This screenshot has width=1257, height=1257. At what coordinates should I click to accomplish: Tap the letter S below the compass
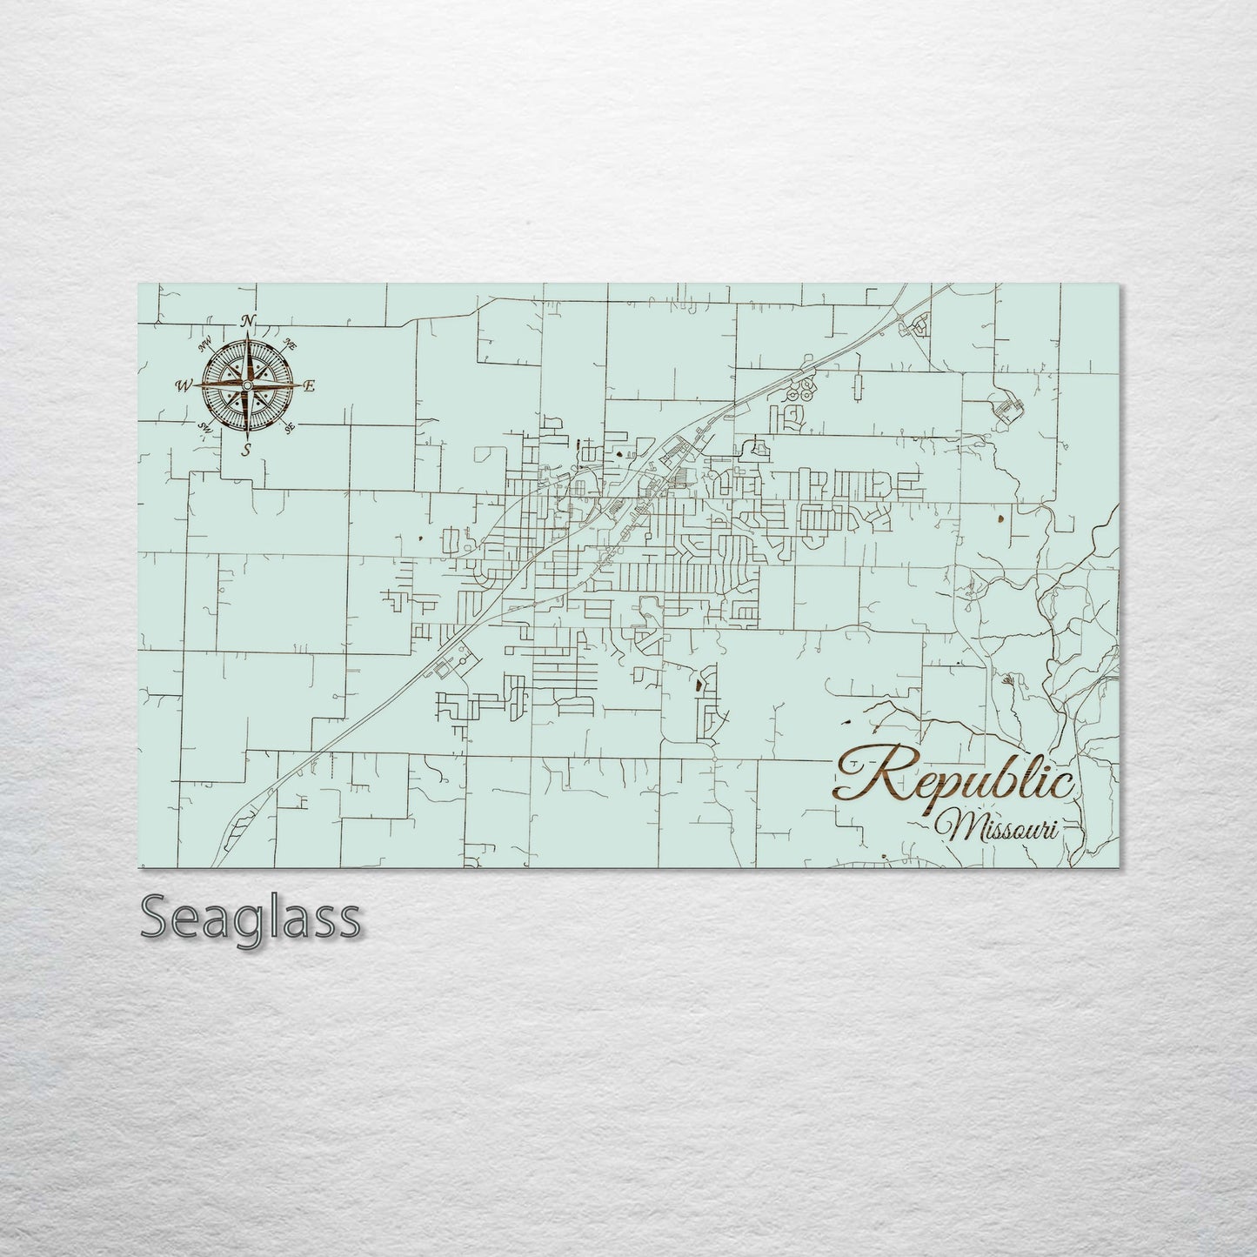(247, 449)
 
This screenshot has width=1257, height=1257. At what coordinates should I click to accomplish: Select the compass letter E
(310, 386)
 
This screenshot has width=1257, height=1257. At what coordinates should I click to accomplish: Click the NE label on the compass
(291, 346)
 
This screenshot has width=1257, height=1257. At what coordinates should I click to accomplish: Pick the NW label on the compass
(207, 344)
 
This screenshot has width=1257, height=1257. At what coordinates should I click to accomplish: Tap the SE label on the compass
(290, 426)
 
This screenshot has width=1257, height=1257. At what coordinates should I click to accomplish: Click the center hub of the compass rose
(248, 384)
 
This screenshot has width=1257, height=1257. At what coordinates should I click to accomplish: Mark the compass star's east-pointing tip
(300, 384)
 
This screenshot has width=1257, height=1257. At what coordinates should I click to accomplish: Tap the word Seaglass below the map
(250, 918)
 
